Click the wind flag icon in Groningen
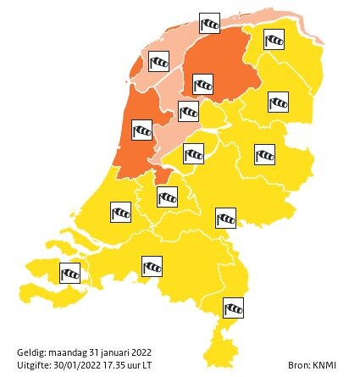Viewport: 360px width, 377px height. coord(274,40)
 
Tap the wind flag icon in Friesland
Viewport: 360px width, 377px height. coord(204,85)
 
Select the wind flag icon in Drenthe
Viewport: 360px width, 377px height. coord(278,103)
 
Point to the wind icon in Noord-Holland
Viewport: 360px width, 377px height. coord(141,130)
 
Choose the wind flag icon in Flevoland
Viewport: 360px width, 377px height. coord(188,112)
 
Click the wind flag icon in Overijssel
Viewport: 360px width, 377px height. coord(264,154)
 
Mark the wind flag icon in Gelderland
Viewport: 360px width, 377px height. coord(225,218)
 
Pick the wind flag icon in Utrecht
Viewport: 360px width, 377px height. coord(168,197)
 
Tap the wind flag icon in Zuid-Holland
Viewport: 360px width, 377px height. coord(121,212)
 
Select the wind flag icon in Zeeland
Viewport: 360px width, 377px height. coord(70,273)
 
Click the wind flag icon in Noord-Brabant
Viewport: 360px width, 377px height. coord(152,267)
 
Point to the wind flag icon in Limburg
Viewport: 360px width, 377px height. coord(233,307)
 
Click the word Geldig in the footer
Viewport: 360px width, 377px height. coord(30,351)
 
